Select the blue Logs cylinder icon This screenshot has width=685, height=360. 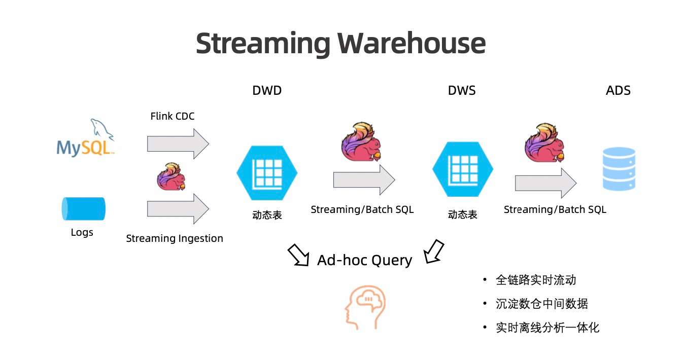(x=84, y=209)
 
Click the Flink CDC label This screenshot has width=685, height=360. (x=173, y=116)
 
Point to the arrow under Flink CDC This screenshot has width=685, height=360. (x=178, y=143)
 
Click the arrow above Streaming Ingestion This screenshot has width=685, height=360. (x=178, y=208)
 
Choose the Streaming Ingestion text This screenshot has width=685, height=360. (x=175, y=238)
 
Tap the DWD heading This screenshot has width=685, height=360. (x=267, y=91)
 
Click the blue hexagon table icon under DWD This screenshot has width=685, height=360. (x=267, y=173)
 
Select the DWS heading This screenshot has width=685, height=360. (x=462, y=91)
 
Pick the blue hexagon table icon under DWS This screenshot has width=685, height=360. (x=462, y=169)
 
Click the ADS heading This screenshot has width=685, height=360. (x=618, y=91)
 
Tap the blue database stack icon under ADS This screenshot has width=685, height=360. (x=619, y=169)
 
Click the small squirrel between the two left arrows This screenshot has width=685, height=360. (x=171, y=177)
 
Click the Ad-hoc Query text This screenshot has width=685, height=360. (x=364, y=260)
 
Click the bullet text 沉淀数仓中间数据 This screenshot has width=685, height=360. (x=542, y=304)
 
